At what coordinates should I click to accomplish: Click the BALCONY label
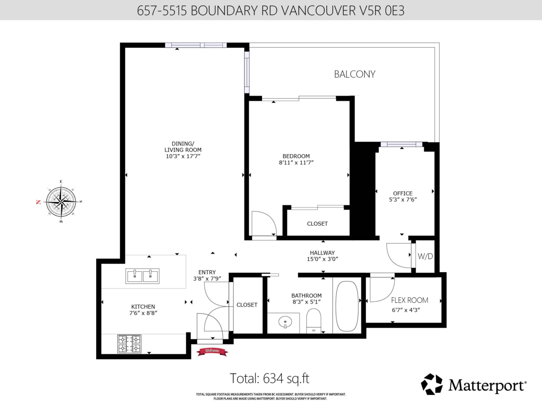coord(355,74)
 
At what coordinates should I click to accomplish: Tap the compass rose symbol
coord(61,202)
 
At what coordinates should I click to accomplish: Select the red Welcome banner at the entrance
coord(212,351)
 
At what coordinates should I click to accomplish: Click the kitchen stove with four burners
coord(129,344)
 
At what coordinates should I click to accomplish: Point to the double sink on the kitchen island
coord(142,276)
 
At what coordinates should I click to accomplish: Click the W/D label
coord(425,256)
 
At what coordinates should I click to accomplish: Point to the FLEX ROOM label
coord(410,300)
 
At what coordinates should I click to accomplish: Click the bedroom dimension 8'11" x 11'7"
coord(296,163)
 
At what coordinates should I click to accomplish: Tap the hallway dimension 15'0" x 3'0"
coord(322,259)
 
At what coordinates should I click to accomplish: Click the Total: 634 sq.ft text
coord(270,378)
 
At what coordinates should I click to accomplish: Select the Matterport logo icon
coord(432,384)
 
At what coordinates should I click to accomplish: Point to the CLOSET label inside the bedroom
coord(317,224)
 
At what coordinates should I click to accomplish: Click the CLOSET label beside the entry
coord(247,305)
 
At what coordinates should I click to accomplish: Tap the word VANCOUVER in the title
coord(315,10)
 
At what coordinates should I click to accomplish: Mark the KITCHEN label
coord(143,306)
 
